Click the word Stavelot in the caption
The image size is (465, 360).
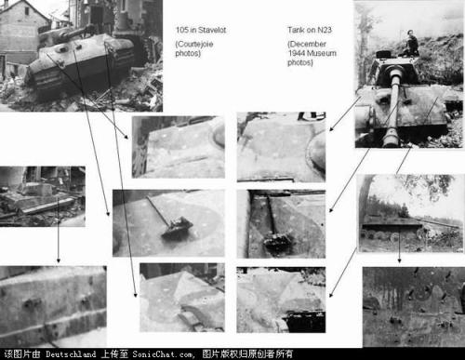tap(212, 30)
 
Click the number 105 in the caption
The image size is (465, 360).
tap(182, 30)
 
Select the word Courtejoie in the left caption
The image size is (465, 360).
tap(195, 44)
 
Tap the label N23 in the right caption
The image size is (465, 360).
tap(324, 30)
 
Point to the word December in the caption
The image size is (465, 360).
tap(308, 44)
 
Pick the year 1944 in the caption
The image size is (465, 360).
tap(296, 53)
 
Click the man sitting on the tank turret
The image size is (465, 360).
tap(411, 44)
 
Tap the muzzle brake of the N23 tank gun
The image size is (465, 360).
tap(391, 136)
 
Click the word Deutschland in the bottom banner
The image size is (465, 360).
tap(71, 353)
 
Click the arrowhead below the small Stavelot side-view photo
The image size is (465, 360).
tap(58, 260)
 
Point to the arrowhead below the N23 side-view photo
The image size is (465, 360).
tap(399, 260)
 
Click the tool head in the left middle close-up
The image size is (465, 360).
tap(178, 228)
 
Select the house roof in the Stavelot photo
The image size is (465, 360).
tap(26, 9)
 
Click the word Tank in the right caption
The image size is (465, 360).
tap(295, 30)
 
